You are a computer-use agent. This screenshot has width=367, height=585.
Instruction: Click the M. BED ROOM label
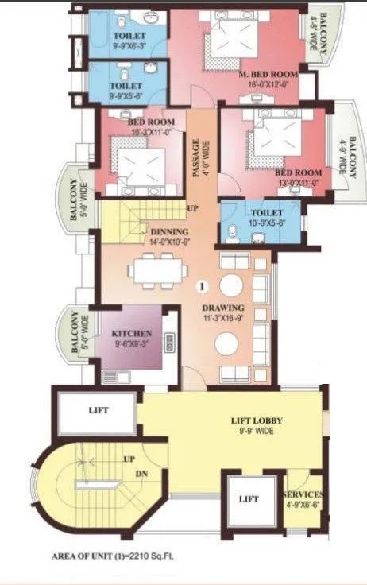click(268, 75)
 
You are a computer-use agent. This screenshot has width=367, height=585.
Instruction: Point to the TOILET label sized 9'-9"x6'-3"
click(128, 37)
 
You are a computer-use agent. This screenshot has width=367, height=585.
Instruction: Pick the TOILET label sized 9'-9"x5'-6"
click(127, 85)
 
